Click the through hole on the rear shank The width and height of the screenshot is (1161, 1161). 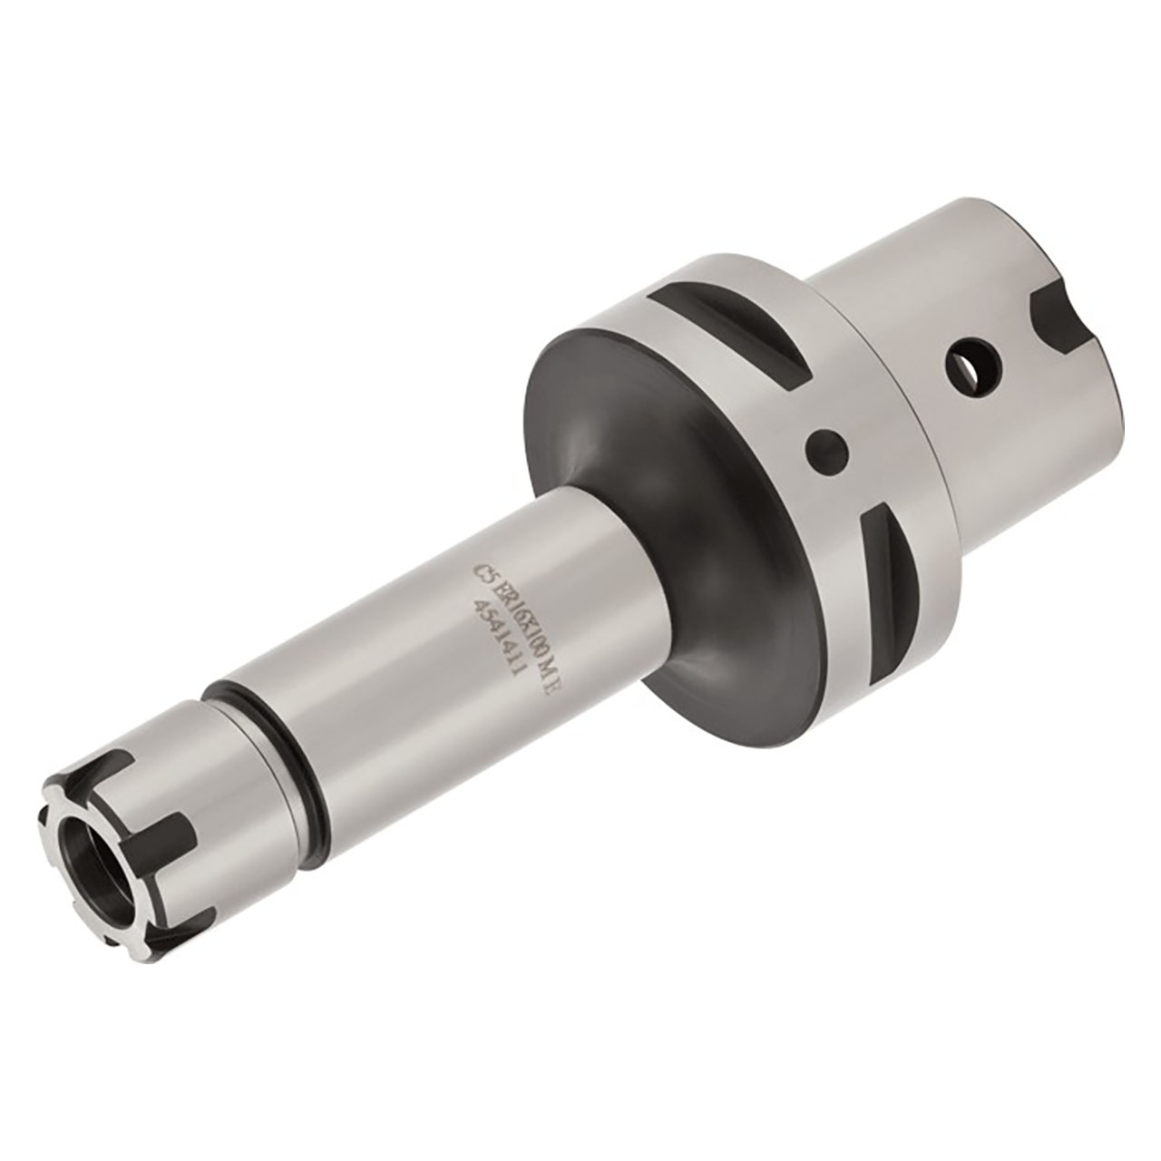pyautogui.click(x=974, y=364)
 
